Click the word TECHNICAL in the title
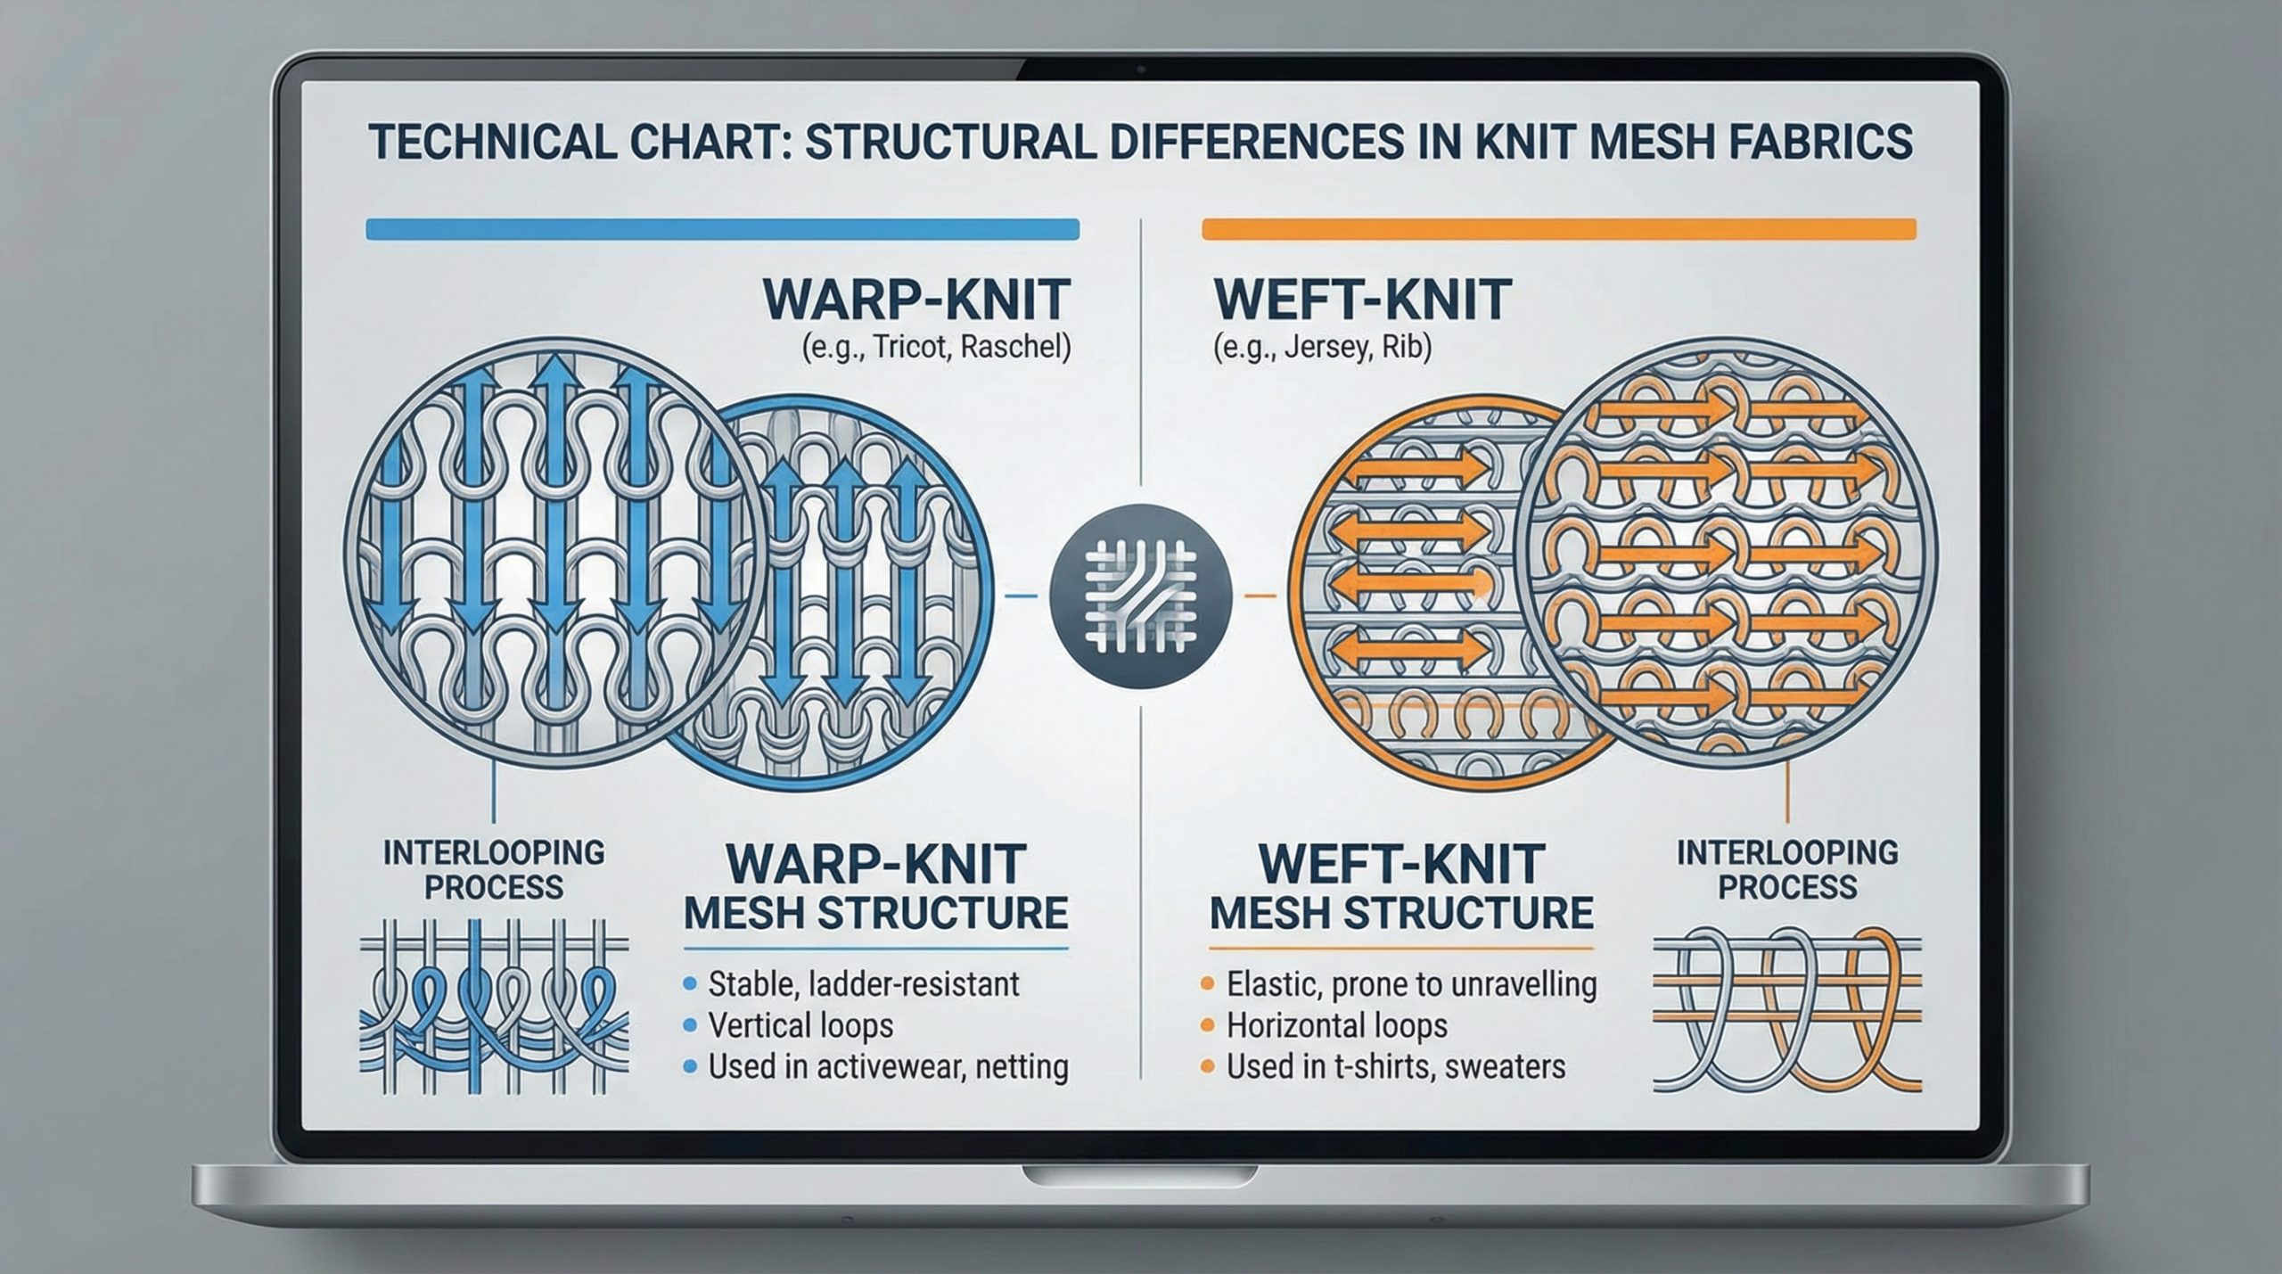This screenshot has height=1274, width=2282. tap(490, 143)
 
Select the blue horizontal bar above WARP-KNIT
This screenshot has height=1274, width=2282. tap(722, 229)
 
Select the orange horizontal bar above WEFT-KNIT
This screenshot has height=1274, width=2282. tap(1558, 229)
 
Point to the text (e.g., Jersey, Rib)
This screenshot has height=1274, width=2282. tap(1322, 346)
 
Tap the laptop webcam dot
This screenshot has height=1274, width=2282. tap(1141, 69)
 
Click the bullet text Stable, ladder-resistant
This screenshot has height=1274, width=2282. tap(863, 984)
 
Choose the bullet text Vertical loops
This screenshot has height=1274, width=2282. tap(800, 1025)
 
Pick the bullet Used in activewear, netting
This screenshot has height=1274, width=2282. tap(887, 1066)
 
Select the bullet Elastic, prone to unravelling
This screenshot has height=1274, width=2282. tap(1411, 984)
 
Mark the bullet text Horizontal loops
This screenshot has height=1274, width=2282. tap(1336, 1025)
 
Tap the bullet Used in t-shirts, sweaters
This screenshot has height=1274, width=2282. tap(1395, 1066)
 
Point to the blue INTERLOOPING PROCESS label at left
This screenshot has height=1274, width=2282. tap(493, 869)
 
